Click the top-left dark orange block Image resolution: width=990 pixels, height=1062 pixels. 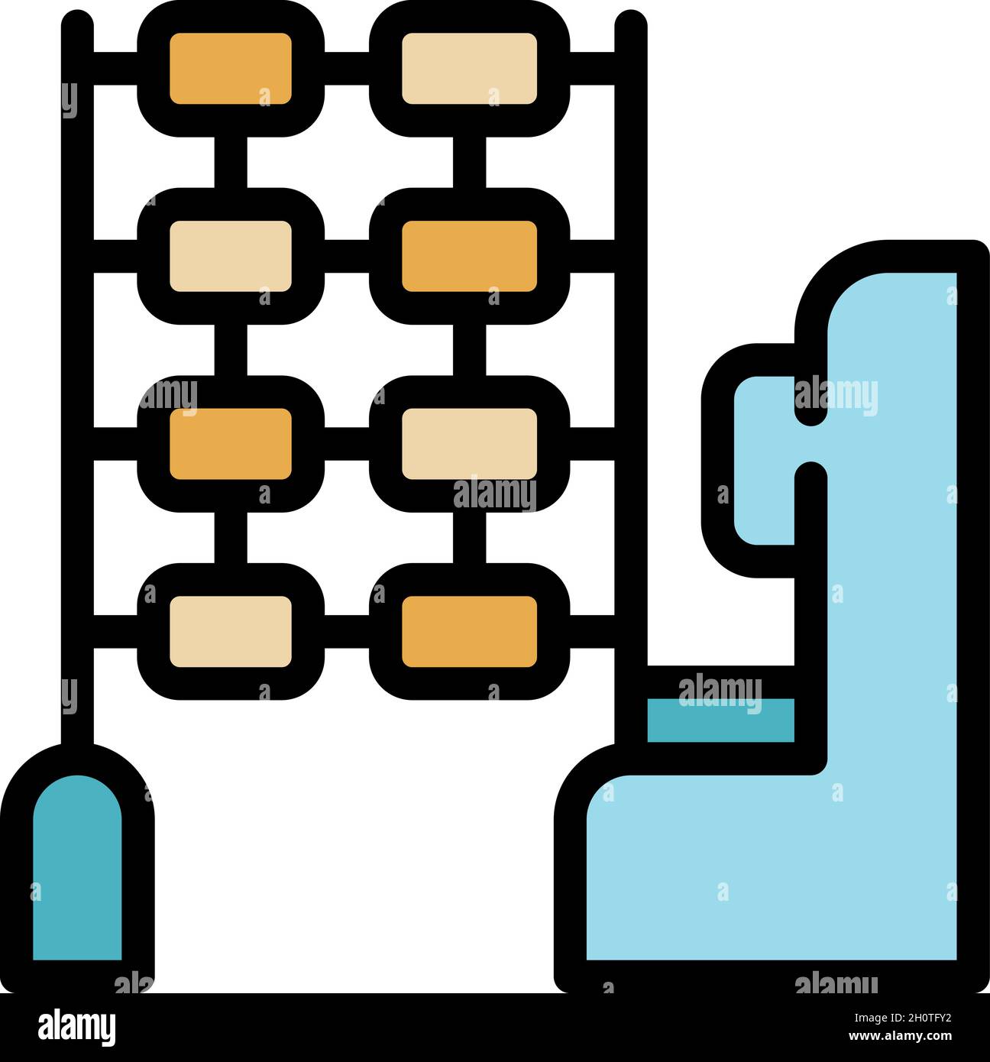point(230,68)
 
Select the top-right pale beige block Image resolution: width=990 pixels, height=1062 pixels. point(469,68)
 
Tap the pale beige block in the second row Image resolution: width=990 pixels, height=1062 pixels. point(230,256)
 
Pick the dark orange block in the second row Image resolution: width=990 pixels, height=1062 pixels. point(469,256)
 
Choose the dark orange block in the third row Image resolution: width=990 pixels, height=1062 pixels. point(230,444)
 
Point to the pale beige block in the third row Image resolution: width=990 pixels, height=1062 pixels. point(469,444)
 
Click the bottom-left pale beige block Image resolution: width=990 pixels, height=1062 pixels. point(230,631)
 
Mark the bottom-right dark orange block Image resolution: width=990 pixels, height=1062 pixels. point(469,631)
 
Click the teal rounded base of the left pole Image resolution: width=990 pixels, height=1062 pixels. point(77,871)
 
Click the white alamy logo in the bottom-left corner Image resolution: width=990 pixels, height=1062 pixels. point(76,1027)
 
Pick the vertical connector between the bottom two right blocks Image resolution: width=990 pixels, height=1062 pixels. point(469,538)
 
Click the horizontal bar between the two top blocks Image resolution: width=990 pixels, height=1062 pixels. point(347,68)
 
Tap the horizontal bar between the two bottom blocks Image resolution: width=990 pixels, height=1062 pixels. point(347,631)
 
